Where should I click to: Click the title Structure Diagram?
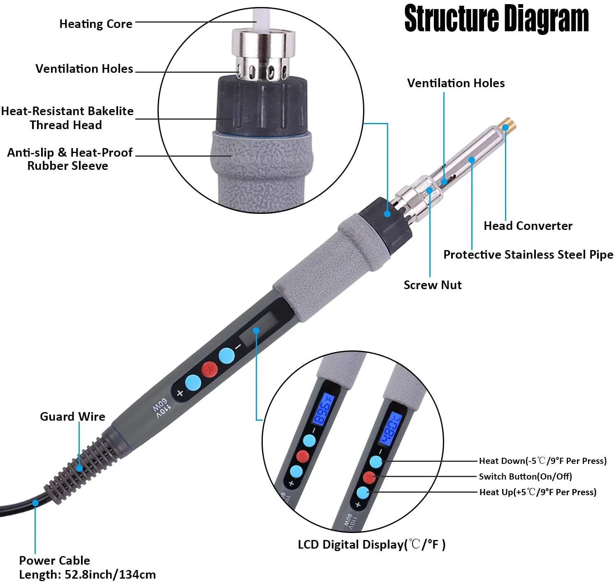(x=496, y=19)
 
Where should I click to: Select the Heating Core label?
(x=96, y=24)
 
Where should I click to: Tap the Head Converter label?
(x=528, y=226)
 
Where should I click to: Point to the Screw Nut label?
(x=432, y=285)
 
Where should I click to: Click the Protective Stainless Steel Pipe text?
(x=528, y=255)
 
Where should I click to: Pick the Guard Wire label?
(x=72, y=417)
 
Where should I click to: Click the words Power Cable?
(x=54, y=560)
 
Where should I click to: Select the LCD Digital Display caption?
(x=371, y=545)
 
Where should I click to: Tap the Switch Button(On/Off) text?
(x=525, y=476)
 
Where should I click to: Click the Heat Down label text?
(x=542, y=461)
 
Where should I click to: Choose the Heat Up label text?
(x=537, y=492)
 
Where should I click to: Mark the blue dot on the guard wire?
(x=79, y=468)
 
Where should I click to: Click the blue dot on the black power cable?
(x=35, y=503)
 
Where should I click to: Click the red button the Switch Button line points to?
(x=369, y=477)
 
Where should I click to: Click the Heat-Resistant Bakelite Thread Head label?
(x=67, y=118)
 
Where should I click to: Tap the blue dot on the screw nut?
(x=430, y=190)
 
